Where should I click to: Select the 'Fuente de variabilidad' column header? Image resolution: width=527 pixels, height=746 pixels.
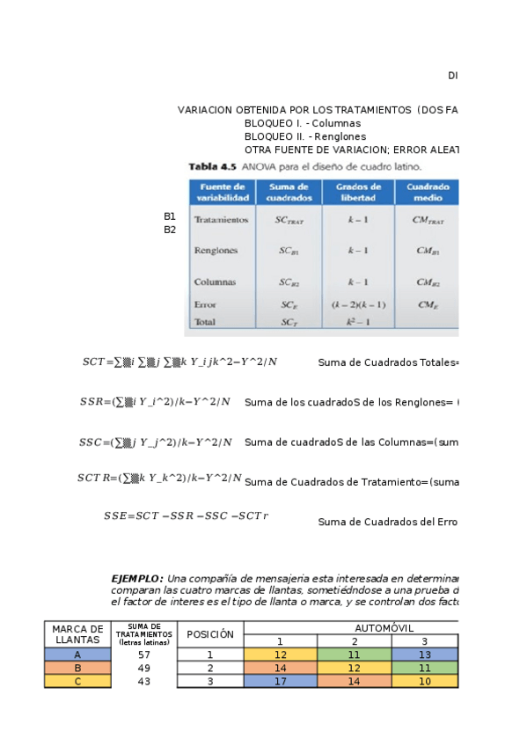[221, 192]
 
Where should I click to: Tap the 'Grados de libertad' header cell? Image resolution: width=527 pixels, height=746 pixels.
[358, 192]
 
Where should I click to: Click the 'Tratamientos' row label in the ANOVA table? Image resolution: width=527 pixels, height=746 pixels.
[222, 220]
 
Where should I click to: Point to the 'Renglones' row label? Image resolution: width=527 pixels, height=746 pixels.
[216, 251]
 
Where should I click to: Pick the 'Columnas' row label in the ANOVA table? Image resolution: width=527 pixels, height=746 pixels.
[215, 282]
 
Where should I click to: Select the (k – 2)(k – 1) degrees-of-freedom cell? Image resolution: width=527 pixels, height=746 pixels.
[358, 304]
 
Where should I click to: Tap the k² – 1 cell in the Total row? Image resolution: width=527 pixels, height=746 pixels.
[358, 322]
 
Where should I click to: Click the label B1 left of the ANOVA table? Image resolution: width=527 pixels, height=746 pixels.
[170, 216]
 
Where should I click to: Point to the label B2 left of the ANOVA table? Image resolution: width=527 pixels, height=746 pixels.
[170, 230]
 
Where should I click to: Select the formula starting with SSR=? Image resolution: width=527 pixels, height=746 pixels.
[155, 402]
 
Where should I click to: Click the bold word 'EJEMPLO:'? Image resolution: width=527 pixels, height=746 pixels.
[136, 578]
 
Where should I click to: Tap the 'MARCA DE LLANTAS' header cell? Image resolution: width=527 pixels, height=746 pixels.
[77, 633]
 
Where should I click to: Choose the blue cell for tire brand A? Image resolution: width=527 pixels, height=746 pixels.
[77, 655]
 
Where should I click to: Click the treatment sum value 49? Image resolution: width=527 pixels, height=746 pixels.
[144, 668]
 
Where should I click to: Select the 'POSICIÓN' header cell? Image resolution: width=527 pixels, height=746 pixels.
[210, 633]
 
